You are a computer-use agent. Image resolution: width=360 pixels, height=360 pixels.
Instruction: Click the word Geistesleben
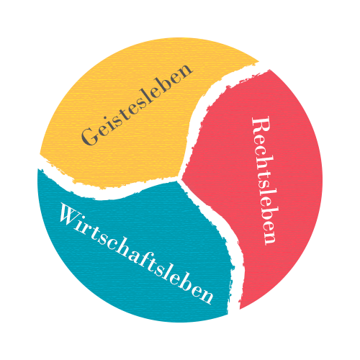137,105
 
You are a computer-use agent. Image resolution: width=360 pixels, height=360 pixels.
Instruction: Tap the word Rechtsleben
264,181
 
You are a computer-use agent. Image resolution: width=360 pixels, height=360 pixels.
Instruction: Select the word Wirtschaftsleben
136,253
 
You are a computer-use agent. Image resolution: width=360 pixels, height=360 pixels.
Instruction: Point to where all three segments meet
179,179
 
